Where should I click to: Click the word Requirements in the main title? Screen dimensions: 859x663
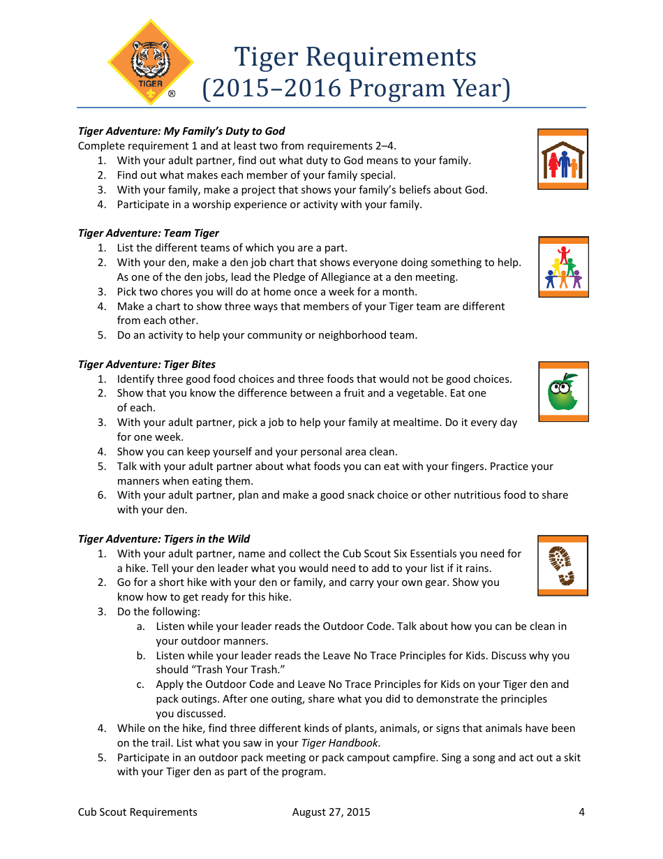[392, 57]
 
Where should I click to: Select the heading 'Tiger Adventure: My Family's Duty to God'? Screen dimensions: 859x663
[181, 131]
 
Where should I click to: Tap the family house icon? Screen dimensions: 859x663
[563, 159]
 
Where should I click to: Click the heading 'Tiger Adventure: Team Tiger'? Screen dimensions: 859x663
[149, 233]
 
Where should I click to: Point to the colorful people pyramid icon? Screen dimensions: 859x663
[563, 267]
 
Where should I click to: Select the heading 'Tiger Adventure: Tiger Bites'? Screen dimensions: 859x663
[147, 365]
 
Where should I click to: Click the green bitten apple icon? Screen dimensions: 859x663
[563, 392]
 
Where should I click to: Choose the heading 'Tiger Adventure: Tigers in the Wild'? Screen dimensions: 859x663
[164, 539]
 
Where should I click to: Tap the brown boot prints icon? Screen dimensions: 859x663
[562, 566]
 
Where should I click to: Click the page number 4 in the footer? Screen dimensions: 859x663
[581, 812]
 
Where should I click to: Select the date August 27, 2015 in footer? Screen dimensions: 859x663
[331, 812]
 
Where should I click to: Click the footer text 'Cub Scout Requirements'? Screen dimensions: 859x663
[137, 812]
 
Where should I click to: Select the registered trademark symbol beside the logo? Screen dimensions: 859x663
[172, 94]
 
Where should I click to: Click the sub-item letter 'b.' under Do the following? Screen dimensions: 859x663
[141, 656]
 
